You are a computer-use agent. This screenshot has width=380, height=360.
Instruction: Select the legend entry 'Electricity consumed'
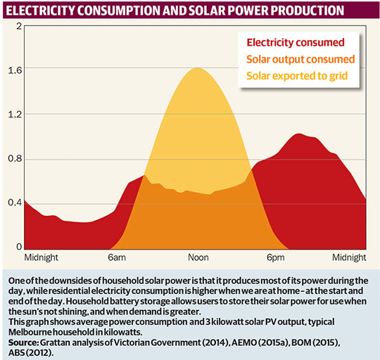[x=295, y=42]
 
